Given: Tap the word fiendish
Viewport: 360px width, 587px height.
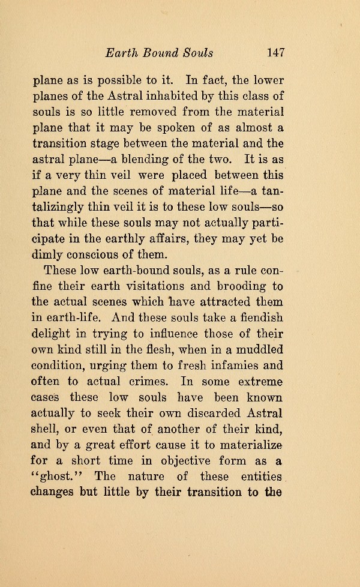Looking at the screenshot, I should click(260, 318).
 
